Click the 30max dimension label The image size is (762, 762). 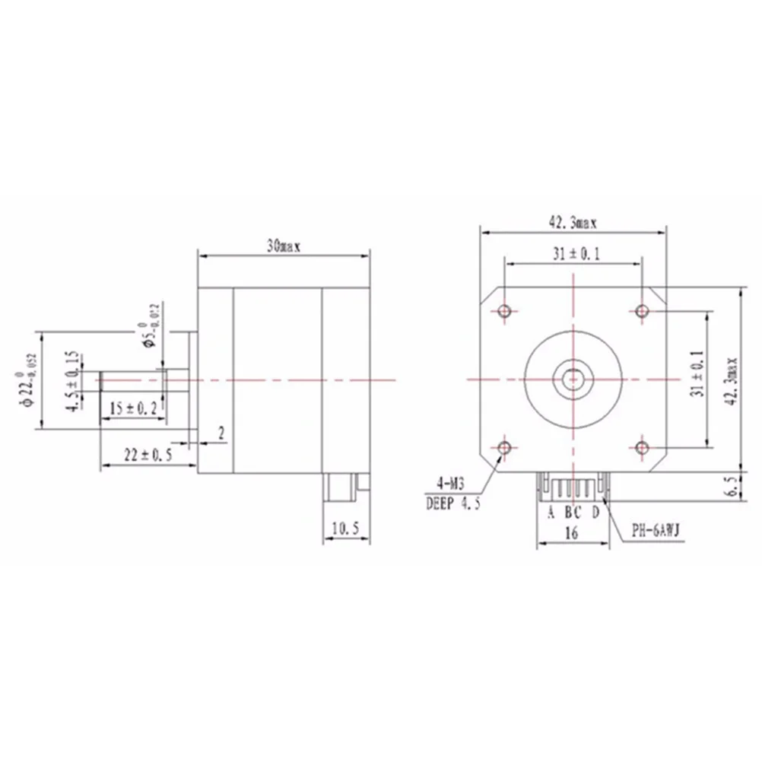(284, 246)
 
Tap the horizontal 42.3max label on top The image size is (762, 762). (573, 223)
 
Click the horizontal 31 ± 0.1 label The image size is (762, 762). (575, 255)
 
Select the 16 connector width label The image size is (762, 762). (573, 533)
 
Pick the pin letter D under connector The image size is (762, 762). (595, 512)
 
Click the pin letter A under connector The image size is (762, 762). (551, 512)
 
